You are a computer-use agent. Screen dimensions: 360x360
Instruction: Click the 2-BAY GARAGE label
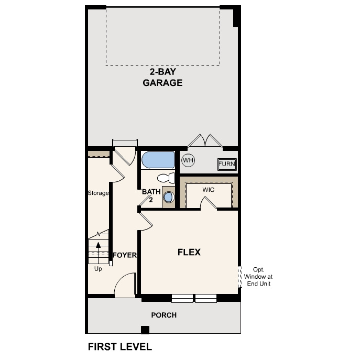tap(162, 78)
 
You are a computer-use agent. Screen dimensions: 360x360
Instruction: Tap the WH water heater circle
tap(188, 160)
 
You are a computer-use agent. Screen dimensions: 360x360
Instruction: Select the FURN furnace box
tap(227, 164)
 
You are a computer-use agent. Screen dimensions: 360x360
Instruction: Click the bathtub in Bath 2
tap(158, 160)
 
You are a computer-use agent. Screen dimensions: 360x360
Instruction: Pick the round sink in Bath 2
tap(168, 198)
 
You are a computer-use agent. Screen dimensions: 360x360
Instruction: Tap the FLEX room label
tap(189, 252)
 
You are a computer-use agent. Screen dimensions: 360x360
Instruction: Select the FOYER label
tap(125, 255)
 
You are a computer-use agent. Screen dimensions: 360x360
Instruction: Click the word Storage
tap(98, 193)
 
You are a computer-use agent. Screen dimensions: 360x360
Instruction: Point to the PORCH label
tap(163, 315)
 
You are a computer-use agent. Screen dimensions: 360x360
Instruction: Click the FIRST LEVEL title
tap(119, 346)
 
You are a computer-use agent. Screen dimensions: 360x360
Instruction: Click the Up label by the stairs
tap(98, 269)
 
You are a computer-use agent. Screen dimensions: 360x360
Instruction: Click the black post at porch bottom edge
tap(145, 330)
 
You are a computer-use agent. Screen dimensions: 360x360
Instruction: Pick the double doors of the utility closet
tap(205, 140)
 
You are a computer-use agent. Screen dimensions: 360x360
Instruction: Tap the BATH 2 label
tap(151, 195)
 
